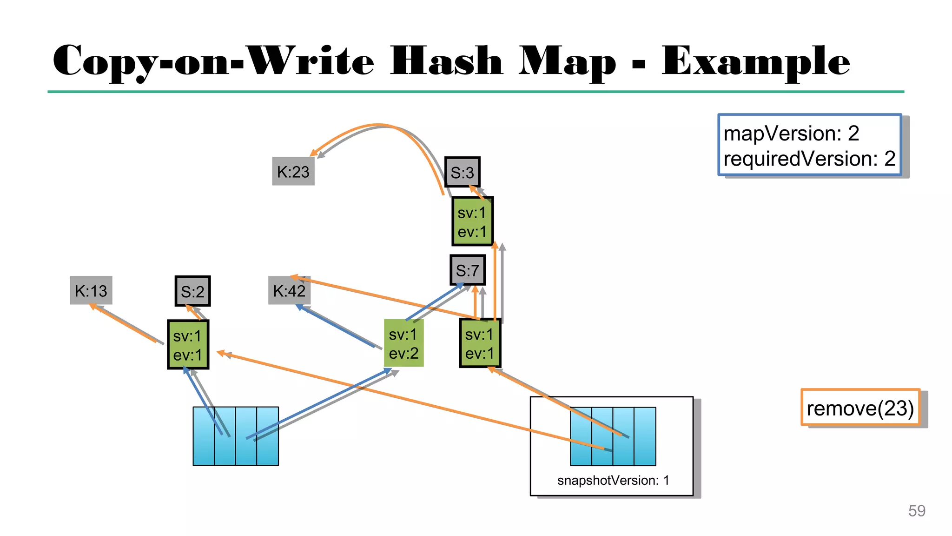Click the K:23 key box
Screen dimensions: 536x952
point(293,172)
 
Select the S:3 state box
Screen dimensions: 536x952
point(462,172)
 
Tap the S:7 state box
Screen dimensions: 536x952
point(467,270)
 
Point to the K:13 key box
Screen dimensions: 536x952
point(91,291)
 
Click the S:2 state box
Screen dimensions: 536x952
point(192,291)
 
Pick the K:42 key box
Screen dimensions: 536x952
point(289,291)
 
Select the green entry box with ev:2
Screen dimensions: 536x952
point(403,343)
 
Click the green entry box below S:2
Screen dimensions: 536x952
point(188,345)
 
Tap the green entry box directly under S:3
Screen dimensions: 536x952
point(472,221)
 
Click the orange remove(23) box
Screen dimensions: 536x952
point(860,408)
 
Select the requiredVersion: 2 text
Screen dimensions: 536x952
point(809,159)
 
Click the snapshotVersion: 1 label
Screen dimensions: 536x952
point(613,480)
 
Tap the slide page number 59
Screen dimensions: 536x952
point(917,511)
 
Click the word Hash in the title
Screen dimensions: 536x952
point(446,61)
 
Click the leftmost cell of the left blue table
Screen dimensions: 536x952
point(204,436)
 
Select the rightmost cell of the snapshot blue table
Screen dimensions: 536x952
point(645,436)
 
